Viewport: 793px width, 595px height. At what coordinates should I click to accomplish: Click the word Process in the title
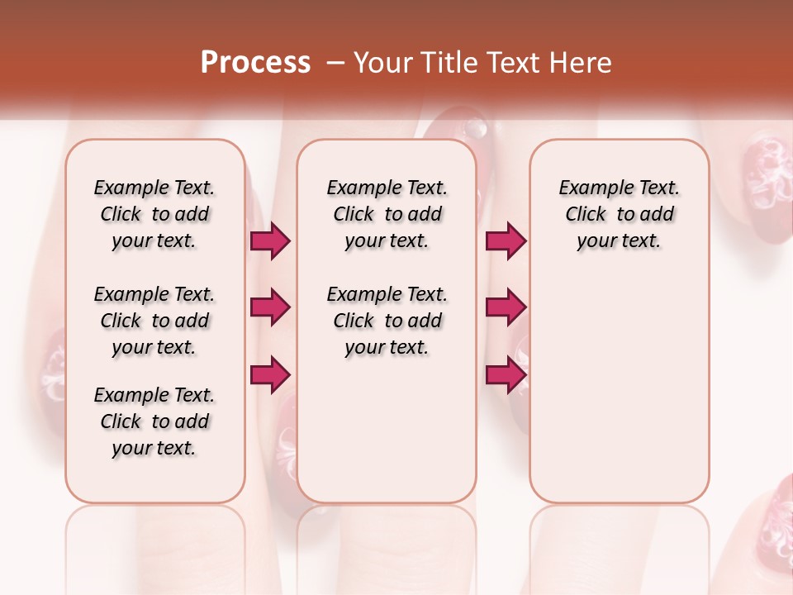pos(255,62)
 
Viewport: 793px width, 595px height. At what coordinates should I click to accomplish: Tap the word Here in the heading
pos(582,62)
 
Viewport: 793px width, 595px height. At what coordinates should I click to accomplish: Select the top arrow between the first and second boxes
pos(270,241)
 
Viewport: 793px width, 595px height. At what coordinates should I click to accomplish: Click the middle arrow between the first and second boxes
pos(270,307)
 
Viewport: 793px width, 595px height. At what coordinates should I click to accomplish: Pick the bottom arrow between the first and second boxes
pos(270,374)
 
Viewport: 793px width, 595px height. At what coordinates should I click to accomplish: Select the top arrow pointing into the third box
pos(506,241)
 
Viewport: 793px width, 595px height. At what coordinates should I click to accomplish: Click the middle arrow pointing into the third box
pos(506,307)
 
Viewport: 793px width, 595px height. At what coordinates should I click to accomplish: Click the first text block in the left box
pos(154,214)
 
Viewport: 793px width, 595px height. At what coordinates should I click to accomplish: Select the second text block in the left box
pos(154,321)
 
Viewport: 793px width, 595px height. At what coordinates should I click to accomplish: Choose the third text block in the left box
pos(154,421)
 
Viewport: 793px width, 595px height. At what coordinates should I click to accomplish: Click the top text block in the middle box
pos(387,214)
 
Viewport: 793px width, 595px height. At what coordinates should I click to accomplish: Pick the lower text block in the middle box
pos(387,321)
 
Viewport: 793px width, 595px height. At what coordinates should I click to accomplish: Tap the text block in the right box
pos(619,214)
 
